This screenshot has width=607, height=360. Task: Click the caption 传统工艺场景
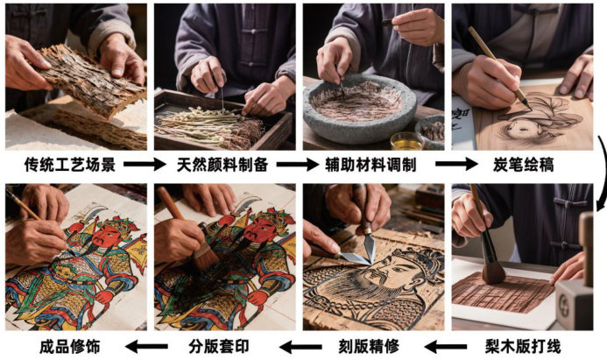(70, 165)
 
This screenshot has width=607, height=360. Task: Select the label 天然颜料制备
(222, 165)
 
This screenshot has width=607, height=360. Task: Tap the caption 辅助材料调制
(371, 165)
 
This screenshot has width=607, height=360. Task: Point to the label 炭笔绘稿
(523, 165)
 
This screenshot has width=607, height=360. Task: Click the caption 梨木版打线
(523, 346)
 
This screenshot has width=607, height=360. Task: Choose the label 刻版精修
(369, 346)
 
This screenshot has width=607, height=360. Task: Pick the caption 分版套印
(219, 346)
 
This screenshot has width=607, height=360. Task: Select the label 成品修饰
(70, 346)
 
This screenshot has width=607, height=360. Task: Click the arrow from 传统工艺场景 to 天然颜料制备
(145, 164)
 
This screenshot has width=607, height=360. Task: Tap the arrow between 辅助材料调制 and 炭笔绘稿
(457, 164)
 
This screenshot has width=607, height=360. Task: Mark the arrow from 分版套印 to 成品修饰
(146, 346)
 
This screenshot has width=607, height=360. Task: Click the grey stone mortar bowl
(359, 109)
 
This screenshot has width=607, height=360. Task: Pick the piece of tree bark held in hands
(90, 80)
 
